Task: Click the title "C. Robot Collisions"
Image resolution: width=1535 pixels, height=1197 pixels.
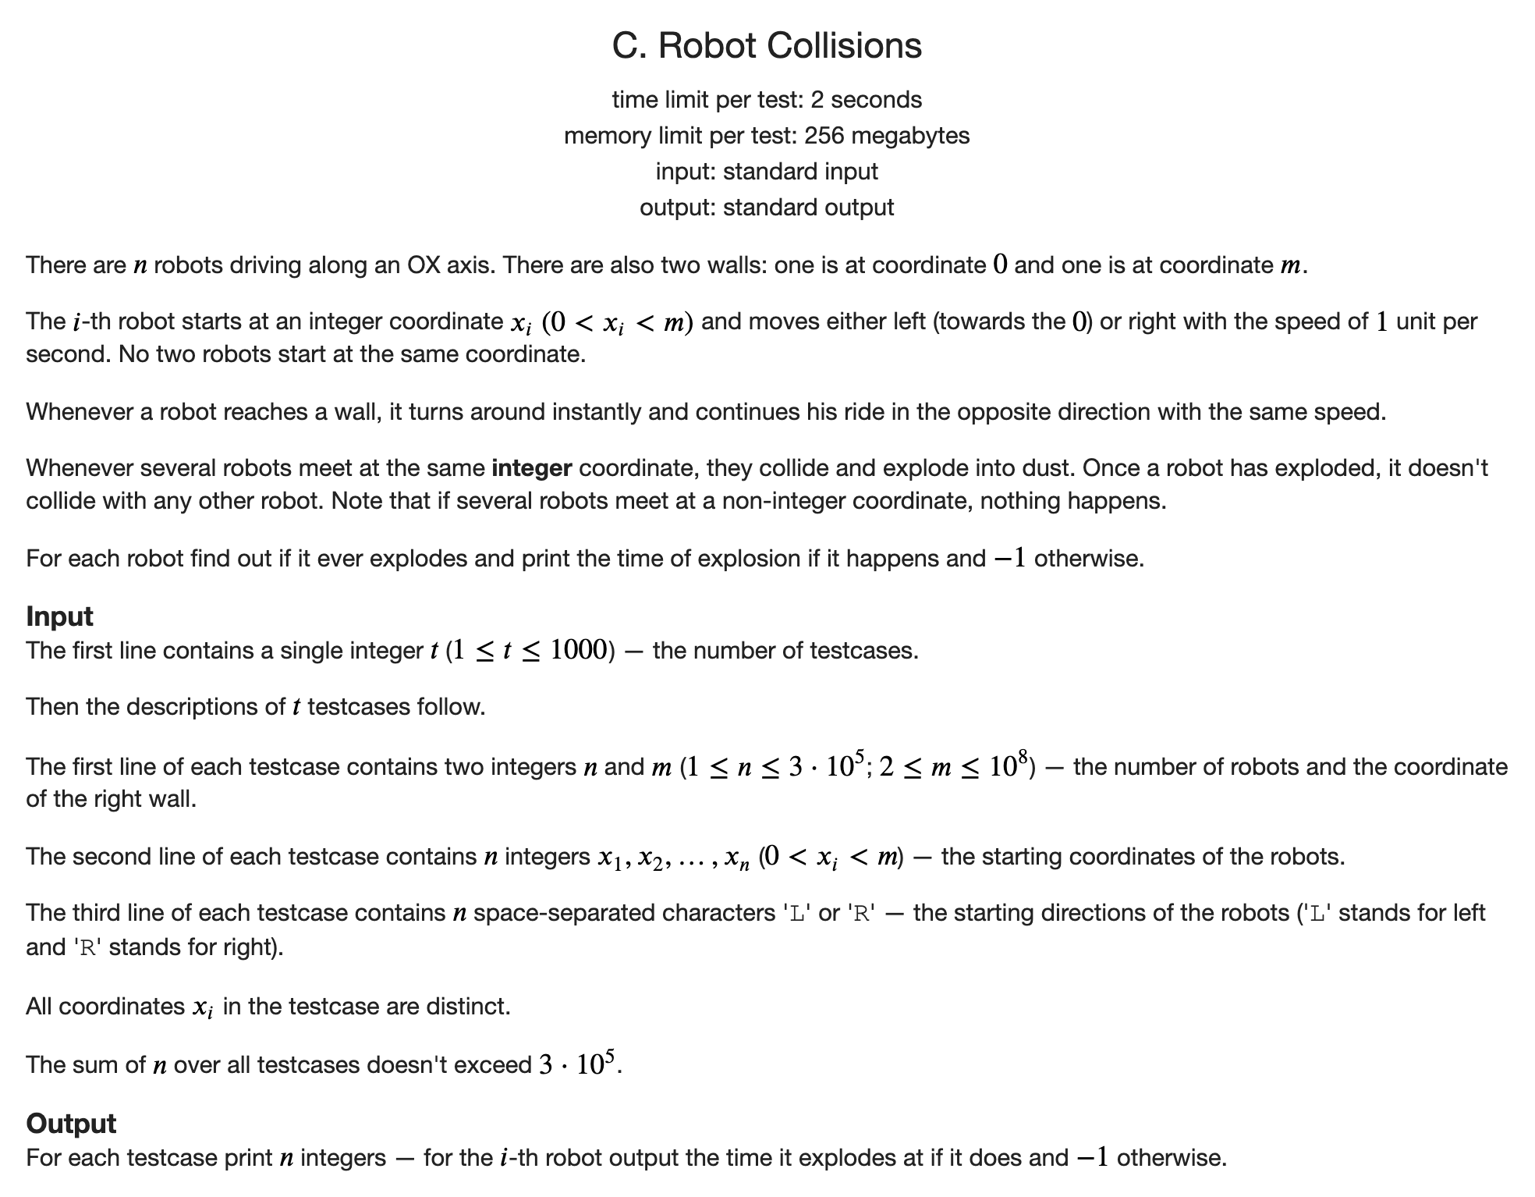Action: pyautogui.click(x=767, y=45)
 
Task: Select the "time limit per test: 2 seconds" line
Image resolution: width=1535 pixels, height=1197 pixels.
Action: pyautogui.click(x=767, y=100)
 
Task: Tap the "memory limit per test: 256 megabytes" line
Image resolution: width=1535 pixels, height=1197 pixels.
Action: pyautogui.click(x=767, y=136)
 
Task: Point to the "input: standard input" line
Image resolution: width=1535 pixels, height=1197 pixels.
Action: pyautogui.click(x=767, y=172)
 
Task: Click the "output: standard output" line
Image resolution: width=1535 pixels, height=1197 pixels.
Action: pyautogui.click(x=767, y=208)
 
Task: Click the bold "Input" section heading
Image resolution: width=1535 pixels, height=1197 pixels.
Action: pyautogui.click(x=59, y=616)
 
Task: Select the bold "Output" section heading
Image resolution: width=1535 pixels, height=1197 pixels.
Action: pyautogui.click(x=71, y=1124)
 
